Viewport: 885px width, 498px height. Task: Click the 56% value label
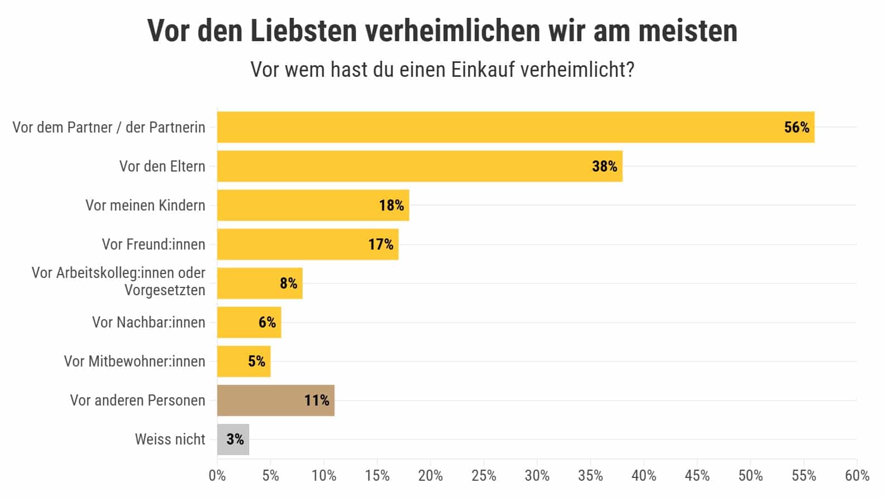click(x=796, y=128)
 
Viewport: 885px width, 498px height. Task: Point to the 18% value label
click(x=391, y=206)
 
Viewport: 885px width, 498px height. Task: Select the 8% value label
click(x=288, y=284)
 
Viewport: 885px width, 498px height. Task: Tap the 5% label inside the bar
click(x=256, y=362)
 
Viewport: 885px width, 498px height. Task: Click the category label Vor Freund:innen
click(x=153, y=244)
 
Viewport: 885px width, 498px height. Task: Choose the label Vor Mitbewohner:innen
click(x=134, y=361)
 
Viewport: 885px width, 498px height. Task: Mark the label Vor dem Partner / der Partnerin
click(x=109, y=127)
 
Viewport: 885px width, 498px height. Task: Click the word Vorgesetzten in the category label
click(x=164, y=290)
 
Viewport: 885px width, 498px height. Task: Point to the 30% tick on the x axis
click(x=537, y=476)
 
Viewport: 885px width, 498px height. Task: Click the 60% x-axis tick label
click(x=857, y=476)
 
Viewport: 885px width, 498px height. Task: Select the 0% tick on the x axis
click(x=217, y=476)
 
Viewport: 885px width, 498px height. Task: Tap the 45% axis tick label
click(x=697, y=476)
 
